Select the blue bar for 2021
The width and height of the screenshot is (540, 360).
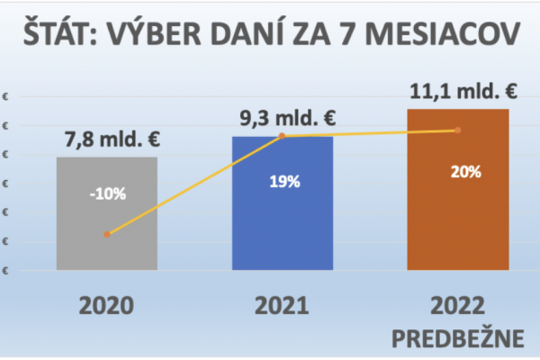tap(282, 225)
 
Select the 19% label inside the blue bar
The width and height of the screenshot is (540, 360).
tap(282, 181)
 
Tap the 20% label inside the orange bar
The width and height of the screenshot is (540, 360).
tap(457, 172)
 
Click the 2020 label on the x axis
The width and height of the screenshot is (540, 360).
tap(106, 305)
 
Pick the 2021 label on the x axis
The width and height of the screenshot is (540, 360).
tap(282, 305)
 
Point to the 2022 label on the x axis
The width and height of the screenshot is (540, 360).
tap(457, 305)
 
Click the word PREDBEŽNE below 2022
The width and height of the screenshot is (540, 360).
tap(457, 338)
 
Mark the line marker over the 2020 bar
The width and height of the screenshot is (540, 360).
tap(106, 234)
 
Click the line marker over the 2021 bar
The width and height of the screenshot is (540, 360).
tap(282, 136)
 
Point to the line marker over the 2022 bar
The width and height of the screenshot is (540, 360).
tap(457, 130)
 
